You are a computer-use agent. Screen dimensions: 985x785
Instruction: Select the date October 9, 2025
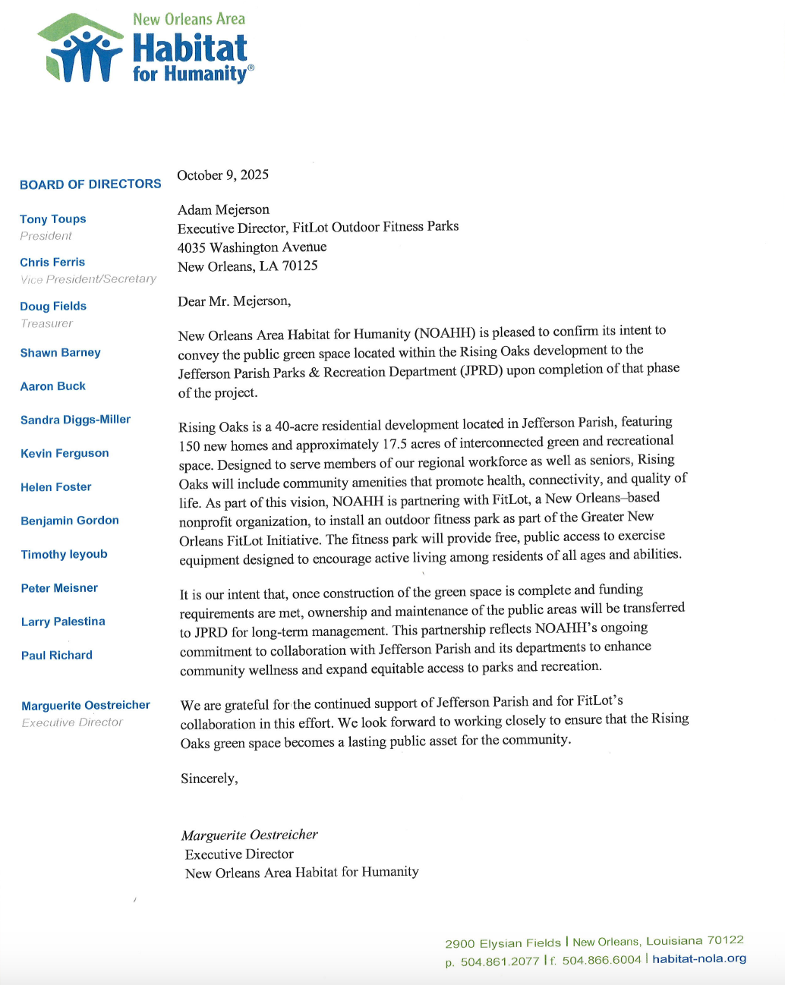[222, 175]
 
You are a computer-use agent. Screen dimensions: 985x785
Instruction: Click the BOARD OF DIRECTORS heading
[90, 184]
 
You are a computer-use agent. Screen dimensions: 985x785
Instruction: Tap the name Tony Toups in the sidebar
[53, 219]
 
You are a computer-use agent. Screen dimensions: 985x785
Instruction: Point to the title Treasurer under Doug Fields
[46, 323]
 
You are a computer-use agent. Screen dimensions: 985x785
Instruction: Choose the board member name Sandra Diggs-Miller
[75, 420]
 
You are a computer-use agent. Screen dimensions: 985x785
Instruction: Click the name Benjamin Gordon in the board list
[70, 521]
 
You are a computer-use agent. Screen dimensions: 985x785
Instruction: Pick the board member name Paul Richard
[57, 655]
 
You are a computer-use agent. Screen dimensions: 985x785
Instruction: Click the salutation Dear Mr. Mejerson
[234, 301]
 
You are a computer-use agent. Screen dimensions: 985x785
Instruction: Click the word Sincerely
[209, 779]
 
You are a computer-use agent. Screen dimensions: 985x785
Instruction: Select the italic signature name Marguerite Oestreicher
[249, 835]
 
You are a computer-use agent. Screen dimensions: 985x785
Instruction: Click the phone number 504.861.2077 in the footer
[500, 961]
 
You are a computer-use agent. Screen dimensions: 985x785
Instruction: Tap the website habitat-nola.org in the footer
[699, 958]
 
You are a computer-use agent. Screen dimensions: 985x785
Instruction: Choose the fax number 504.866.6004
[601, 960]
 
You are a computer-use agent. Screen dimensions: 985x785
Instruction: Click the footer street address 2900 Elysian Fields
[503, 943]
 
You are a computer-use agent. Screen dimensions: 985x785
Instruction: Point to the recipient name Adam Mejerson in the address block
[223, 209]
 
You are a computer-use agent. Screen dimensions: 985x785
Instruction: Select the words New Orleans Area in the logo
[189, 19]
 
